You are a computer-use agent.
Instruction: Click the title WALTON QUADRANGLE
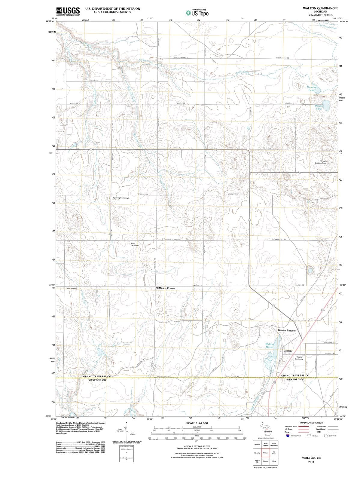coord(321,8)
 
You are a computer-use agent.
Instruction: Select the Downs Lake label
coord(319,107)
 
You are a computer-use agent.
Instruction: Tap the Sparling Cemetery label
coord(121,198)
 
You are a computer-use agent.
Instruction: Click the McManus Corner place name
coord(165,288)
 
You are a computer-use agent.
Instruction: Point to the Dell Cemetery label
coord(72,288)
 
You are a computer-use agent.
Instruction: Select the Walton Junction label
coord(287,330)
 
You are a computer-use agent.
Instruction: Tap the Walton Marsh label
coord(270,345)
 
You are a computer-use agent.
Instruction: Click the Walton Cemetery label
coord(300,358)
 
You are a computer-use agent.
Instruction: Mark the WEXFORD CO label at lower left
coord(97,380)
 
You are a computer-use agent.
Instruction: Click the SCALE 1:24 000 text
coord(197,423)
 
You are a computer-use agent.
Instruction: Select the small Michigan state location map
coord(266,429)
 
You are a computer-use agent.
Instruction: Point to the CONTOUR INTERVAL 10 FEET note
coord(197,446)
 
